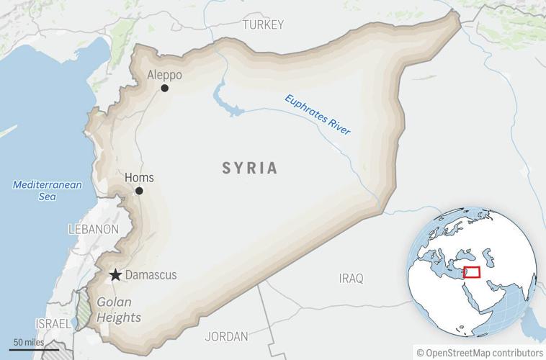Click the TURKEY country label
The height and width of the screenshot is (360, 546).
pos(263,24)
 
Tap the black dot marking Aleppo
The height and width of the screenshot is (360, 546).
pos(165,88)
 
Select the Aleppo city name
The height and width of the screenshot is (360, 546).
pos(164,75)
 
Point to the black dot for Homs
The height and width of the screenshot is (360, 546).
pos(139,191)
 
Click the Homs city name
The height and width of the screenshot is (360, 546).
pos(139,178)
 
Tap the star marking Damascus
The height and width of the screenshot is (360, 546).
pos(115,274)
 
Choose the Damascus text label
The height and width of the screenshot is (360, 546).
pos(151,275)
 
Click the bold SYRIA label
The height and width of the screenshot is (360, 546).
pos(249,168)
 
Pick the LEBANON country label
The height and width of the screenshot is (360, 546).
pos(93,229)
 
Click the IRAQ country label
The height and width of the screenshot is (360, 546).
pos(351,278)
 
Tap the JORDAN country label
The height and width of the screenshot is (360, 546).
pos(226,336)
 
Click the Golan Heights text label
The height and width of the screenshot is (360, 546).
pos(119,310)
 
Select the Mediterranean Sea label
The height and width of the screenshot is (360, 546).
pos(48,191)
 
